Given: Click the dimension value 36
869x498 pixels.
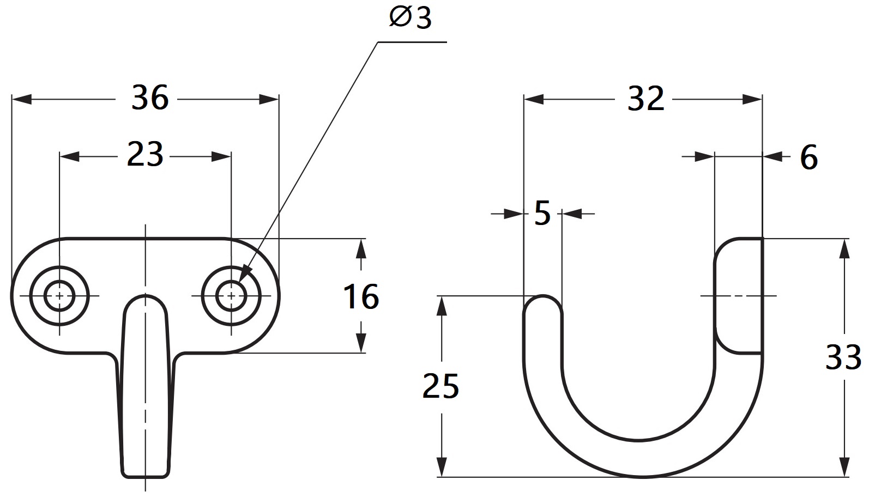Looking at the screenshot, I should pos(150,99).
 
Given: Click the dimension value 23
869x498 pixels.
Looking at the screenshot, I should pos(145,156).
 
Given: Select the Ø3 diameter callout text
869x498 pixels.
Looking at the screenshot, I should pos(410,19).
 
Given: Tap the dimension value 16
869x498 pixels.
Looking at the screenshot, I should pos(361,297).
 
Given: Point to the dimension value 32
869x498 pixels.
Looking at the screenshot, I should pos(646,99).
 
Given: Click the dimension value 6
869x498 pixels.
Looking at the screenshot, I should pos(808,157).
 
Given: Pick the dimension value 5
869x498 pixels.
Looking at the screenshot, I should pos(542,214).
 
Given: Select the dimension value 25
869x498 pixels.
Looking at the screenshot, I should pos(440,386).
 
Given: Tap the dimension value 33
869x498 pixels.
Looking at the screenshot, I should pos(843,357).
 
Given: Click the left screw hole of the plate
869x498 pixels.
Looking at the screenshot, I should pos(59,296).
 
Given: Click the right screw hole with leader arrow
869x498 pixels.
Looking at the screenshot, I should pos(231,296).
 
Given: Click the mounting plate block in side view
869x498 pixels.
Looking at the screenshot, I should pos(739,296).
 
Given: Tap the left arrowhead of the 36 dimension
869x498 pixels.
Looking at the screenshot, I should pos(22,99).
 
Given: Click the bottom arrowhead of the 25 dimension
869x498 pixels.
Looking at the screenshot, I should pos(442,467).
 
